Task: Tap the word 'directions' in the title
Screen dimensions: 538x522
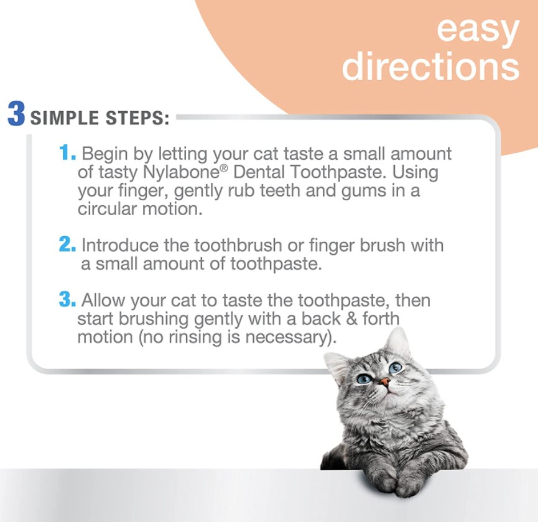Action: [x=430, y=65]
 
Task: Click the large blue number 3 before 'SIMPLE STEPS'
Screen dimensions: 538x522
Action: [x=16, y=114]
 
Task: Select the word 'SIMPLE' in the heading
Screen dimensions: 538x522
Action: [x=64, y=117]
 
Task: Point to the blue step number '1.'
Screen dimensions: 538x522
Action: [x=67, y=152]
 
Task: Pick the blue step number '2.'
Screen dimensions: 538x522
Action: [x=67, y=244]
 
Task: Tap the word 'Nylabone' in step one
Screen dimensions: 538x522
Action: [x=180, y=172]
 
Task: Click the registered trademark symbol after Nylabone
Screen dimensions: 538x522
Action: [x=224, y=168]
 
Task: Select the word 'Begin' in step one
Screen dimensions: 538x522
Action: [x=105, y=154]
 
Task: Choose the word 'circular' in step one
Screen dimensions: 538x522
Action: [x=107, y=209]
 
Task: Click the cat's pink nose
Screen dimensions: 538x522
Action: [x=386, y=381]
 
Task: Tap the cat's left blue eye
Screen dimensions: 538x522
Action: [x=364, y=378]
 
